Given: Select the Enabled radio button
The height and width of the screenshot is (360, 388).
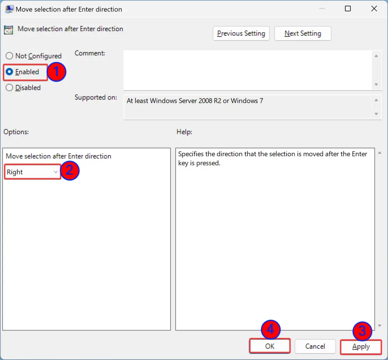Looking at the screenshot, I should coord(9,72).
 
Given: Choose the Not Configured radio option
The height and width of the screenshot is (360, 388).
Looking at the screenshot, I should coord(9,56).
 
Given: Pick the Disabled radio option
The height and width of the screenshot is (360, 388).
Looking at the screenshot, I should coord(9,88).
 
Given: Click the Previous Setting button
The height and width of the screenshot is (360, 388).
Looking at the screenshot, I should coord(241,33).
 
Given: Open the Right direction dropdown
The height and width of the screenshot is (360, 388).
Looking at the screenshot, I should coord(32,172).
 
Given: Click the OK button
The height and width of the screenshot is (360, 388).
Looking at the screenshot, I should coord(270,346).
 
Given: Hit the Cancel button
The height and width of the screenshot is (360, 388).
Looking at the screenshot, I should coord(315,346).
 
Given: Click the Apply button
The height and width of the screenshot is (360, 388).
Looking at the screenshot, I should coord(361,347).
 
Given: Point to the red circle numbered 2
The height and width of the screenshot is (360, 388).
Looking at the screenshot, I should coord(70,171).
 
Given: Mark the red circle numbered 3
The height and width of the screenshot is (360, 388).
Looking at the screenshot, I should coord(362,331).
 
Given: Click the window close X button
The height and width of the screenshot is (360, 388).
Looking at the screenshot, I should coord(374,9).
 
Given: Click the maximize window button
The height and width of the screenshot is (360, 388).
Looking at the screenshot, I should coord(348,9).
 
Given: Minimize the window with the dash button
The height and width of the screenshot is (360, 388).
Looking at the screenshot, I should coord(321,9).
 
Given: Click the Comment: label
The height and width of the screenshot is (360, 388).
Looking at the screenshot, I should coord(90,53).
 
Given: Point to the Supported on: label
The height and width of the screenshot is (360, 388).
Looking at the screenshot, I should coord(96,97).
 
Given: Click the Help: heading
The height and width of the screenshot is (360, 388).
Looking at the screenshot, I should coord(184,132).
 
